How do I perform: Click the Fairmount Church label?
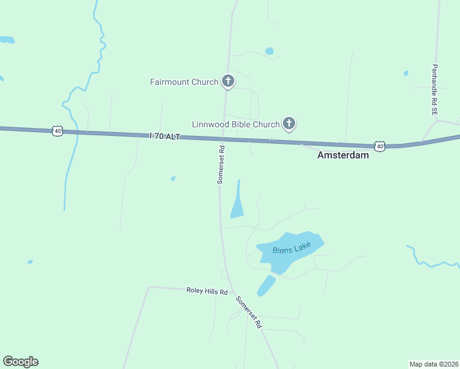184,82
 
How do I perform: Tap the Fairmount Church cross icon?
228,81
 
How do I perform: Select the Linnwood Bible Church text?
236,124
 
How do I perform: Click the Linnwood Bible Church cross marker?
289,124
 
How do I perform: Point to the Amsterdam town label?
343,156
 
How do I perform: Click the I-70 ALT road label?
164,136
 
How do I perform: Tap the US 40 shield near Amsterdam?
380,146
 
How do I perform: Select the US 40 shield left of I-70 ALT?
57,131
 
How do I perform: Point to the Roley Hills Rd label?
207,291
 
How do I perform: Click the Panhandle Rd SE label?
434,90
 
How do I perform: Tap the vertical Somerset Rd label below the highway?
221,165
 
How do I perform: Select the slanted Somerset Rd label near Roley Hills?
249,312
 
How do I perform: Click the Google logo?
20,362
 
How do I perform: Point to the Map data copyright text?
433,363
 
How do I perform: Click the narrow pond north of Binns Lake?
237,203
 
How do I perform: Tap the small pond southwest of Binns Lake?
266,285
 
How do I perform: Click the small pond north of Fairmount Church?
269,51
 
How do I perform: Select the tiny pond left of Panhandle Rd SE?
406,73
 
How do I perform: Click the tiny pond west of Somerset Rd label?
173,178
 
